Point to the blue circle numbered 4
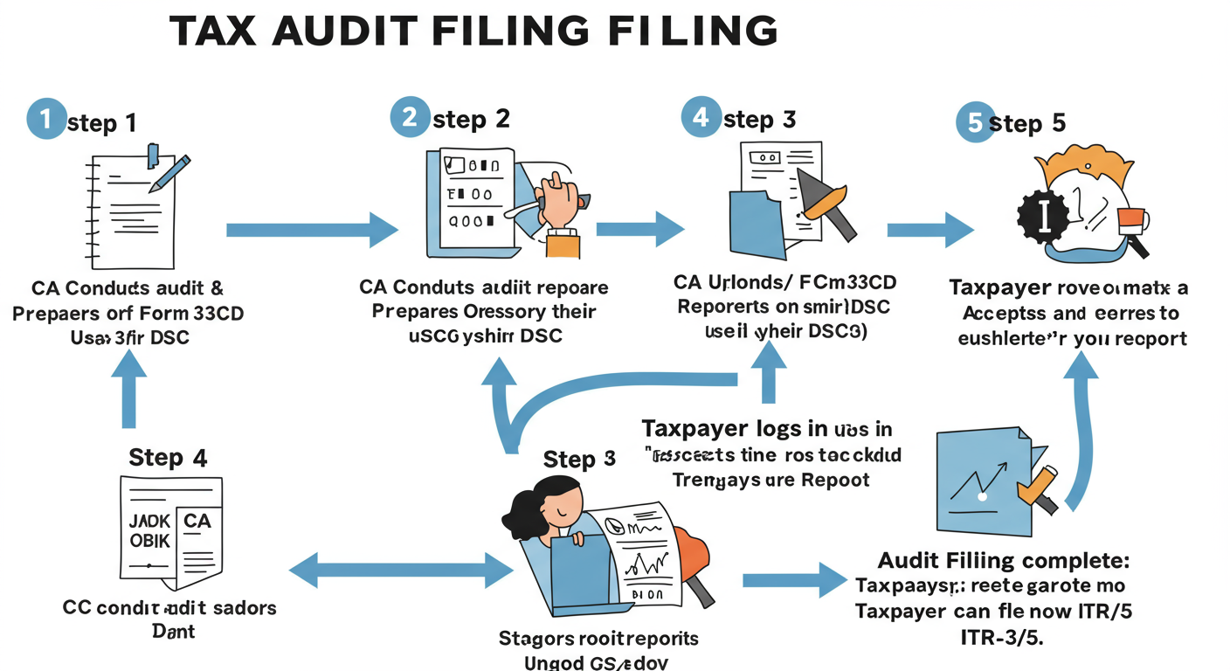[701, 116]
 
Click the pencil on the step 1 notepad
[170, 172]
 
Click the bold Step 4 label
[168, 457]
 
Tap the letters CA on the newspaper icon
[197, 521]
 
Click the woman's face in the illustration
[561, 504]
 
